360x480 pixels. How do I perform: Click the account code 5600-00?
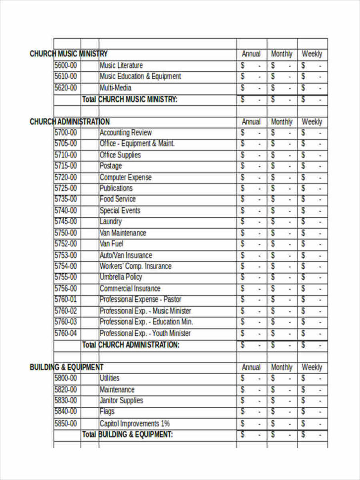(66, 65)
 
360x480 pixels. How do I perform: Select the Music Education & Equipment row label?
(140, 76)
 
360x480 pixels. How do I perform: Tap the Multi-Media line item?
(116, 88)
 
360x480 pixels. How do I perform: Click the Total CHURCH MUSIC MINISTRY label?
(130, 99)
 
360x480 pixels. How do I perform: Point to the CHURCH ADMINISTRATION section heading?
(70, 121)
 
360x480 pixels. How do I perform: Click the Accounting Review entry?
(126, 133)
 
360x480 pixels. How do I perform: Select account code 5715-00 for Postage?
(66, 166)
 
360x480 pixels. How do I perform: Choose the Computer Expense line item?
(126, 177)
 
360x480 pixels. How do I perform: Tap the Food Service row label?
(118, 199)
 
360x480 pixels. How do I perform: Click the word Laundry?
(111, 221)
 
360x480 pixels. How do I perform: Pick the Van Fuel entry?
(112, 243)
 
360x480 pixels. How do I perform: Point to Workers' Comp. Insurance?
(135, 266)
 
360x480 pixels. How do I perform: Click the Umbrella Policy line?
(121, 277)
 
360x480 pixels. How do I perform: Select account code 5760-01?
(66, 299)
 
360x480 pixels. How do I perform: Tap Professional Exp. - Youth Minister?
(145, 333)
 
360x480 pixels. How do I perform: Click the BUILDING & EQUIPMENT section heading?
(67, 367)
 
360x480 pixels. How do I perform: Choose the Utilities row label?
(110, 378)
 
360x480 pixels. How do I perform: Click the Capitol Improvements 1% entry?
(135, 424)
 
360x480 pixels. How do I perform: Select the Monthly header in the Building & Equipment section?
(282, 367)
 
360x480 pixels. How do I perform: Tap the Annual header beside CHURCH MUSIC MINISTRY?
(251, 54)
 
